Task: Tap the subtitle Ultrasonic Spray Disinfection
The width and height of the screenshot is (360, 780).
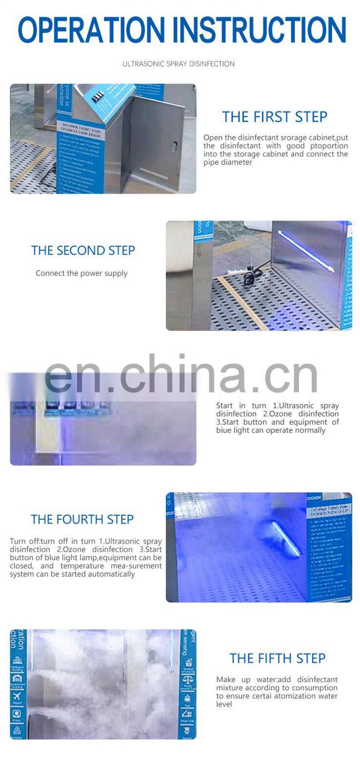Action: [179, 64]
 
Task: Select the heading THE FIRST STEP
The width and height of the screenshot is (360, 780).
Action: [275, 117]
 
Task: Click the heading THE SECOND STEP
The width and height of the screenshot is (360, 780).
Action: [83, 251]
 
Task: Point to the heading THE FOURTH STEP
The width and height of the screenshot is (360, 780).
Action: [82, 520]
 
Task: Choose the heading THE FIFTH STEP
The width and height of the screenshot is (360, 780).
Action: [277, 659]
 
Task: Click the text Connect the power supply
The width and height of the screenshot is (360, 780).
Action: [81, 273]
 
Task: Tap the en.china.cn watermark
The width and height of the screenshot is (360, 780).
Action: [180, 375]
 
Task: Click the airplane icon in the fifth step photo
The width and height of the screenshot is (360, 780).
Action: [18, 695]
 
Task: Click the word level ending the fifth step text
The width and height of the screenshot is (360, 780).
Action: [224, 704]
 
